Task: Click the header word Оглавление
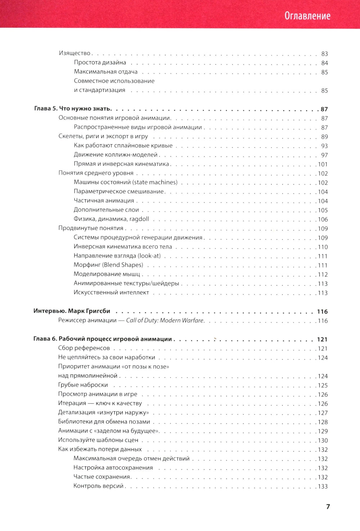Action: (307, 16)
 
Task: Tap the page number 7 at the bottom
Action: (328, 507)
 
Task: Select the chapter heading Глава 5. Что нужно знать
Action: (73, 109)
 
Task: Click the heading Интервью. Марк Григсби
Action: (72, 311)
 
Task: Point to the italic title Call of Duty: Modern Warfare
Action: (165, 321)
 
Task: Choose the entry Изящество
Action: (75, 53)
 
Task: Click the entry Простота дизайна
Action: (100, 63)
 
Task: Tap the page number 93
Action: (324, 146)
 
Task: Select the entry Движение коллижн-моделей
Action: (116, 155)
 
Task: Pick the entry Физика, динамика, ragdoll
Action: (111, 219)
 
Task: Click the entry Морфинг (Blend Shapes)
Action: (108, 265)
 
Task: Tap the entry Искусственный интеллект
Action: (111, 292)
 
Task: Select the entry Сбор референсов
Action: (84, 348)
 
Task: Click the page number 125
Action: (323, 385)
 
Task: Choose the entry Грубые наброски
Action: (83, 385)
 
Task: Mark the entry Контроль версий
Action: (98, 486)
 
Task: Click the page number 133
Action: (323, 486)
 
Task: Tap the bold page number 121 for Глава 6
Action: (322, 339)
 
